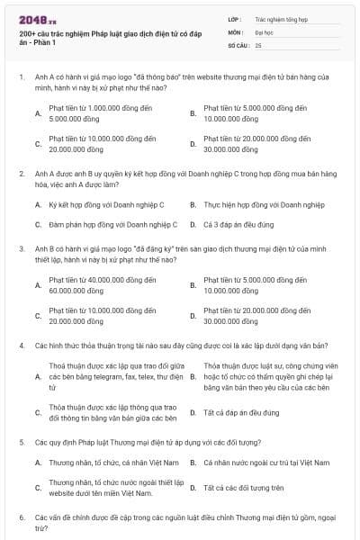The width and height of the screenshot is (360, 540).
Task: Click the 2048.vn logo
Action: pyautogui.click(x=35, y=18)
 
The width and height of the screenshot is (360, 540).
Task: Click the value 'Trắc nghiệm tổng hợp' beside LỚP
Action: pyautogui.click(x=281, y=18)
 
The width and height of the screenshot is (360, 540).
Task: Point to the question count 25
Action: pyautogui.click(x=258, y=43)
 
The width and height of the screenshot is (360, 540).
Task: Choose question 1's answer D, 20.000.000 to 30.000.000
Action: pyautogui.click(x=256, y=144)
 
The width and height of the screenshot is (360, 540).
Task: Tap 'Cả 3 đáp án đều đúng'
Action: pyautogui.click(x=243, y=224)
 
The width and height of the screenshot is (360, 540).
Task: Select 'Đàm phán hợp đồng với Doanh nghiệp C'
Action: pyautogui.click(x=112, y=224)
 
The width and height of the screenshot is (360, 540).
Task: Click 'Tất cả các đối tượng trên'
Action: pyautogui.click(x=243, y=488)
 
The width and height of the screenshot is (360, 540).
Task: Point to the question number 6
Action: pyautogui.click(x=22, y=518)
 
